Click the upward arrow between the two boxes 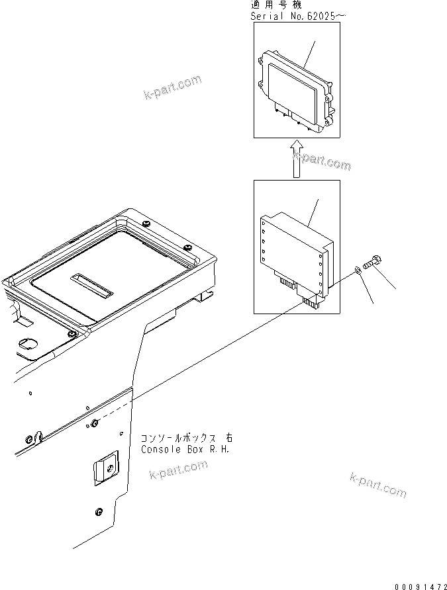point(297,159)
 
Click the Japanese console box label point(186,439)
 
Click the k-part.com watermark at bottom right point(377,485)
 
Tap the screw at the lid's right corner point(189,247)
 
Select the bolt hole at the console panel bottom point(99,511)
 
